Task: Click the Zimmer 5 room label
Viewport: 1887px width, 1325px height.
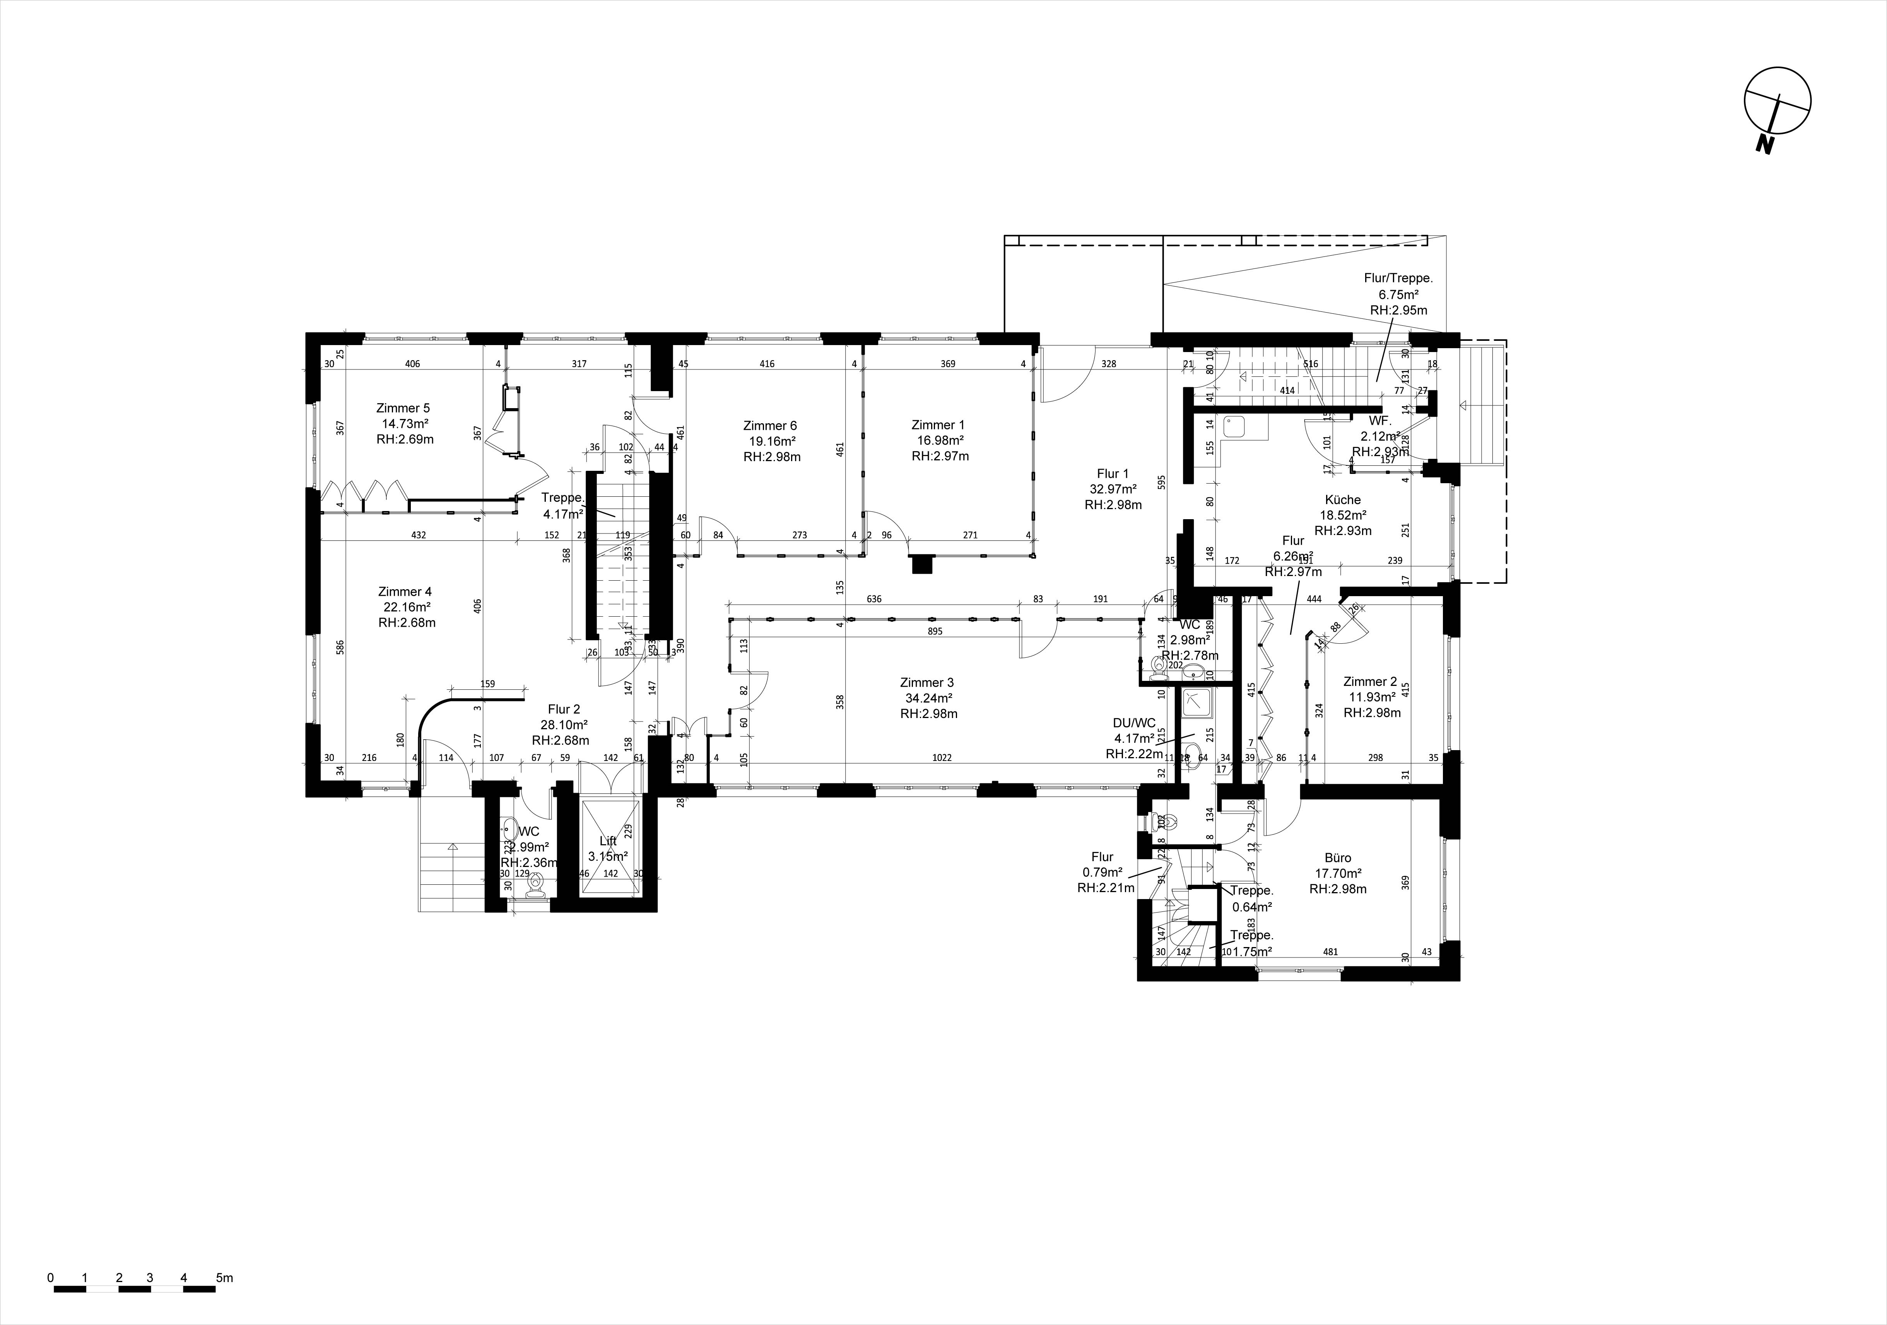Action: point(403,408)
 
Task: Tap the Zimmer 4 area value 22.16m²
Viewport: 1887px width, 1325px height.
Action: point(405,607)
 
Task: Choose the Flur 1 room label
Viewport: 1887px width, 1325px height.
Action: point(1113,474)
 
